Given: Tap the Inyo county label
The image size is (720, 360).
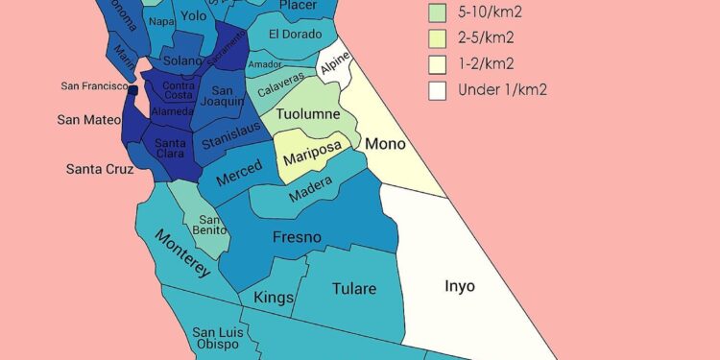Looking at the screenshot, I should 459,286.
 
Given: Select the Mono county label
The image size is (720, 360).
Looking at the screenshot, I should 385,144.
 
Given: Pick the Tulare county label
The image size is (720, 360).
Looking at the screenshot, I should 353,288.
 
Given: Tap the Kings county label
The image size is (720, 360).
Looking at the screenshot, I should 274,298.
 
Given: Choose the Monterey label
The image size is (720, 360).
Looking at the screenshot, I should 182,253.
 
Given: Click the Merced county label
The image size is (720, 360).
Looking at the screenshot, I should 238,178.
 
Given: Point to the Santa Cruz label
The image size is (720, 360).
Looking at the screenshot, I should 99,169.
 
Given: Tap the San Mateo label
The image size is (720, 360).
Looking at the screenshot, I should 88,120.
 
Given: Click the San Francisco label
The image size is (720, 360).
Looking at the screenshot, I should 92,86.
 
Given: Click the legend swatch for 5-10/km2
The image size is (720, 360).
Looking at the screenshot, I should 438,13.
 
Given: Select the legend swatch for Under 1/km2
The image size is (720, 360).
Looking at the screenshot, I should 438,90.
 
